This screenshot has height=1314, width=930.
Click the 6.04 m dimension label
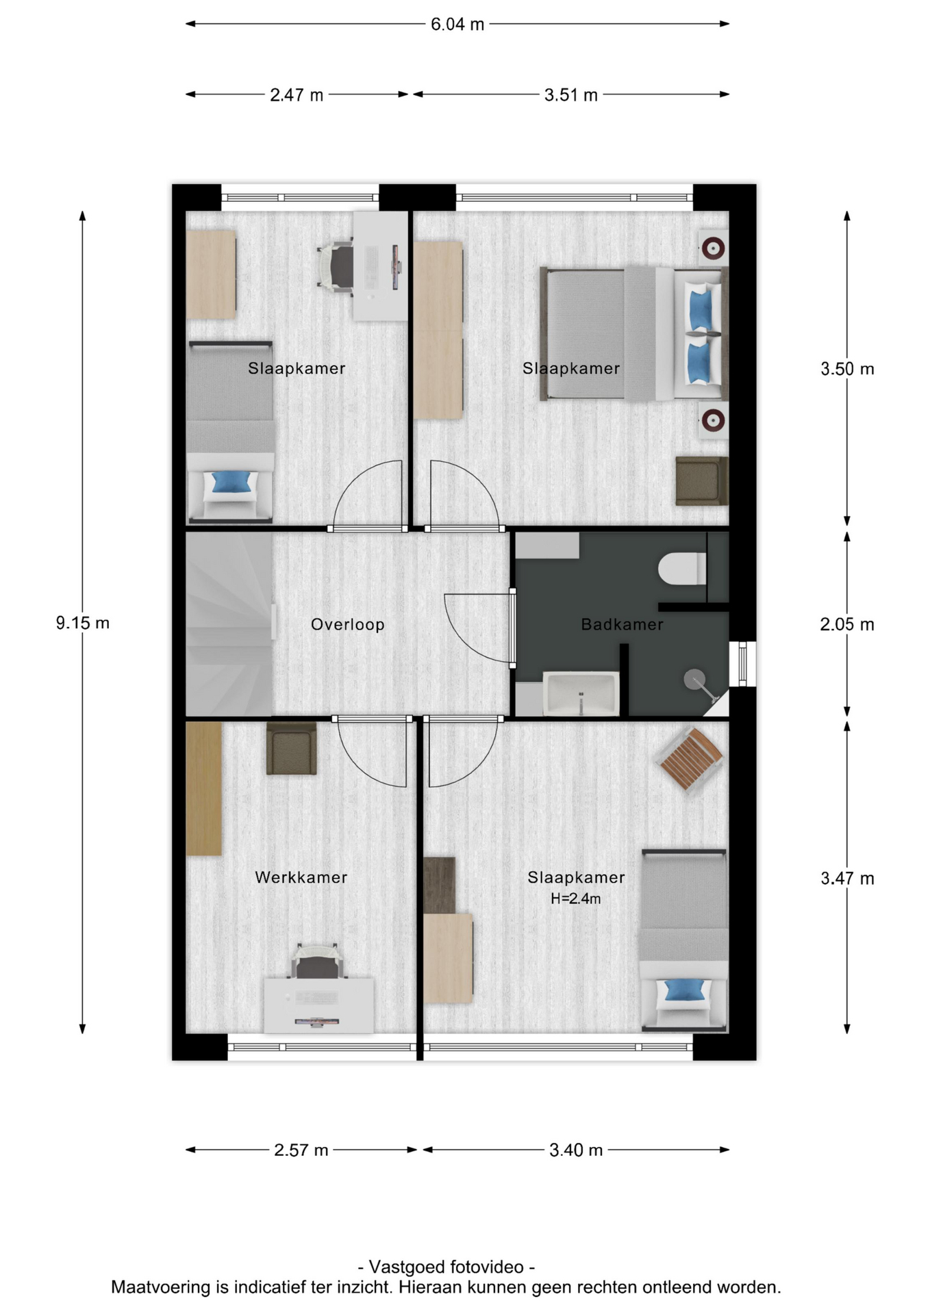coord(457,25)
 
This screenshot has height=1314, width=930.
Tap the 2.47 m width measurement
coord(297,95)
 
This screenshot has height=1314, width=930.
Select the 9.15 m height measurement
coord(83,623)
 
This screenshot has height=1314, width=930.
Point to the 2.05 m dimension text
coord(847,624)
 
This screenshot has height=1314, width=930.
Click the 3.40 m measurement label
coord(576,1150)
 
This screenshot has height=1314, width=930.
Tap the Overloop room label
coord(348,624)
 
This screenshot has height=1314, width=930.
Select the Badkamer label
coord(622,624)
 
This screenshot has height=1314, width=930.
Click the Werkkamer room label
coord(301,877)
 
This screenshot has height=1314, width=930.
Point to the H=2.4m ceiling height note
coord(576,899)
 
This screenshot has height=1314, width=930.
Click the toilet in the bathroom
coord(682,569)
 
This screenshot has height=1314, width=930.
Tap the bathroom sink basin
coord(581,694)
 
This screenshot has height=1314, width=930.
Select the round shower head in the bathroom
coord(694,680)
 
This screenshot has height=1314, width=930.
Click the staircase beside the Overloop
coord(229,623)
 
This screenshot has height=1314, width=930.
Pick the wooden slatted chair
coord(689,759)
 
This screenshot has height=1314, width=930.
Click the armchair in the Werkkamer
coord(292,748)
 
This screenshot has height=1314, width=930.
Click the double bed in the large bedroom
coord(633,333)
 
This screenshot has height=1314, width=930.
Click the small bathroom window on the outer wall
coord(742,663)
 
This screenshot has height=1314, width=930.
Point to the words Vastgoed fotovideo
coord(447,1267)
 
